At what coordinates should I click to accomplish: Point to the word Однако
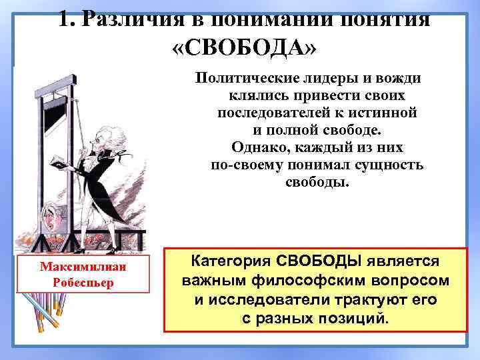point(263,147)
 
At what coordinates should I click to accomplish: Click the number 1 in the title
point(64,18)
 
